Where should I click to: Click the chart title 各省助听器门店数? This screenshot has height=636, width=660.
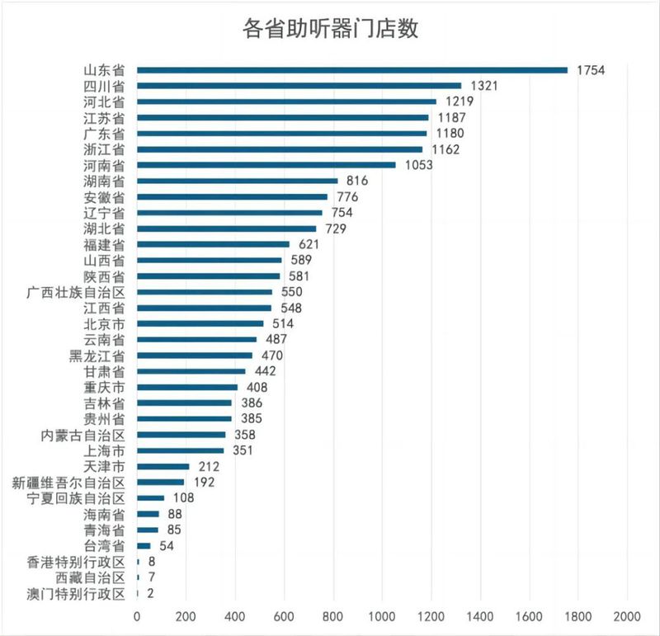(331, 29)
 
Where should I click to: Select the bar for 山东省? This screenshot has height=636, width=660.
(352, 70)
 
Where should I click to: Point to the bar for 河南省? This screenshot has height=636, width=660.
(266, 165)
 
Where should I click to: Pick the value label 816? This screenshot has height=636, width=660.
(357, 181)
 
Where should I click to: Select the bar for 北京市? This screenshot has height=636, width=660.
(200, 323)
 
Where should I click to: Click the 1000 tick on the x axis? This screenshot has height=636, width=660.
(382, 615)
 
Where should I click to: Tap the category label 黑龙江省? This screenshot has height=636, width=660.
(97, 356)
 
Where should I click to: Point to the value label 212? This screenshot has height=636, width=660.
(208, 466)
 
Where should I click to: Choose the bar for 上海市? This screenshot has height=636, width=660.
(180, 450)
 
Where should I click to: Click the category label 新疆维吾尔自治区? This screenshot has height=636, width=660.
(69, 483)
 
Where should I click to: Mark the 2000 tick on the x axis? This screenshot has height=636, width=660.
(627, 615)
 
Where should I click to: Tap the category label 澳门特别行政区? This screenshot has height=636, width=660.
(75, 593)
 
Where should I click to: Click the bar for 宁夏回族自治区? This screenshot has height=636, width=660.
(150, 498)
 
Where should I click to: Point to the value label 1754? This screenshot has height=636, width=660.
(592, 70)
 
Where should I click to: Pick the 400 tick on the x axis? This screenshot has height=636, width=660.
(234, 615)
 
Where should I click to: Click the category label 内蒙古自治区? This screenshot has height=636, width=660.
(82, 435)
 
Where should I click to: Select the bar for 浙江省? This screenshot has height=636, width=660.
(279, 149)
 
